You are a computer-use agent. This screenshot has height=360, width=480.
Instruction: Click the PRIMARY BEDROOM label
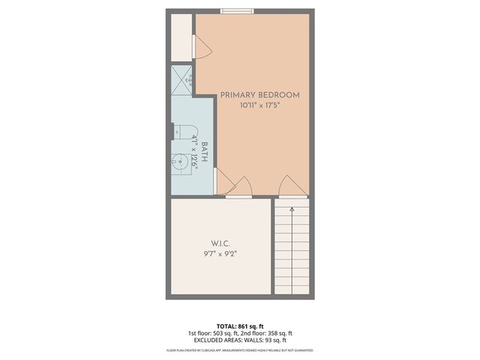[259, 95]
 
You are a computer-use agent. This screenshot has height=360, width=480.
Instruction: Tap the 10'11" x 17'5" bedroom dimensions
[260, 106]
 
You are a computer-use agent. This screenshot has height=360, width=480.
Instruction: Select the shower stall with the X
[182, 80]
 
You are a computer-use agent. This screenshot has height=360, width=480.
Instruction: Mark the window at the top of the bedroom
[236, 11]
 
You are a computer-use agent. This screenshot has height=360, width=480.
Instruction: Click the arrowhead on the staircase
[292, 196]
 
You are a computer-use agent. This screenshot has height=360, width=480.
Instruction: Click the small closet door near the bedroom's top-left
[202, 48]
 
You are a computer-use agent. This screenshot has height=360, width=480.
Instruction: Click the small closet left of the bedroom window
[182, 37]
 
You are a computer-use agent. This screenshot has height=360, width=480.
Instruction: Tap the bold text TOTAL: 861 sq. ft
[240, 326]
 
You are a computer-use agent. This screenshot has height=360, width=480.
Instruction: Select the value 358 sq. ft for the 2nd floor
[280, 334]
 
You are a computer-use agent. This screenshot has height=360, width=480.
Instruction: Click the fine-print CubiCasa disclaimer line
[240, 350]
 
